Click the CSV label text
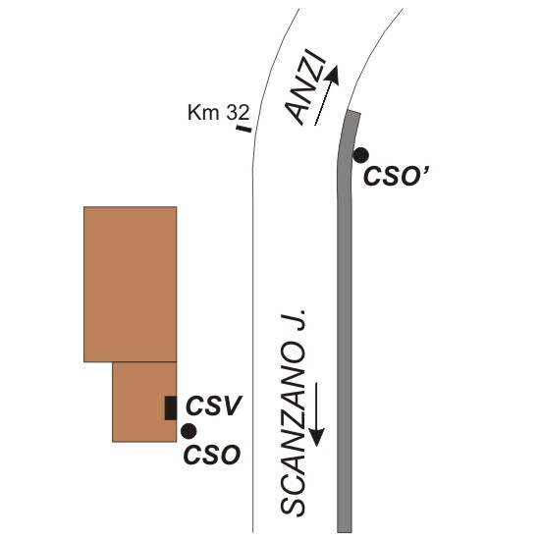(x=214, y=406)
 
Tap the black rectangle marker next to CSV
(x=171, y=407)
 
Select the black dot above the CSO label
(x=189, y=431)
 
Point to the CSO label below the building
(x=211, y=455)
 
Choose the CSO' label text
(x=397, y=176)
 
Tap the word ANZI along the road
(x=305, y=87)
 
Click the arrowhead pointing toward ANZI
(x=333, y=75)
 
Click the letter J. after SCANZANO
(x=294, y=320)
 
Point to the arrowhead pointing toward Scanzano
(x=316, y=437)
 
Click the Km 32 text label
(x=218, y=112)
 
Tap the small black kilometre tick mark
(x=243, y=129)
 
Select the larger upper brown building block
(x=131, y=285)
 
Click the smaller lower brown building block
(x=144, y=402)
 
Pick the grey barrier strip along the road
(x=345, y=321)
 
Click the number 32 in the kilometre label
(x=238, y=112)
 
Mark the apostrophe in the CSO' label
(x=426, y=171)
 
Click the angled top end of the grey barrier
(x=354, y=113)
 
